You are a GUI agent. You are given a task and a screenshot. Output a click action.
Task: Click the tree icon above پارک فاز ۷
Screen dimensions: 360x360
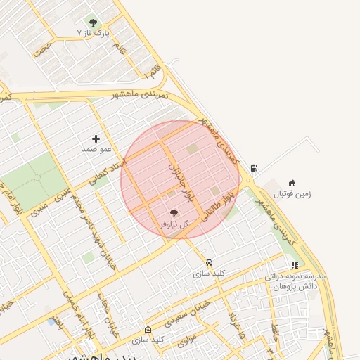pyautogui.click(x=93, y=22)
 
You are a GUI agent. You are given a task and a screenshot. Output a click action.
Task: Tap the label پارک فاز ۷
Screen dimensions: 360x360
pyautogui.click(x=94, y=33)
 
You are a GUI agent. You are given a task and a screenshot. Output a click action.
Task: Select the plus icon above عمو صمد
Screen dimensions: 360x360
pyautogui.click(x=96, y=139)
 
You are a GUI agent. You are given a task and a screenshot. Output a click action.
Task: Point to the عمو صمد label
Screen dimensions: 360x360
pyautogui.click(x=96, y=149)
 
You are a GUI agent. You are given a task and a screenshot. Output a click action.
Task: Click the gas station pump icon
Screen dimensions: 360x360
pyautogui.click(x=253, y=168)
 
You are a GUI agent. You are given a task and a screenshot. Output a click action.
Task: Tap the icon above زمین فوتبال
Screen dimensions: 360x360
pyautogui.click(x=292, y=183)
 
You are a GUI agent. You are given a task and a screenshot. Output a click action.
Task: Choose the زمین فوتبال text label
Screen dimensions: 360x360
pyautogui.click(x=292, y=193)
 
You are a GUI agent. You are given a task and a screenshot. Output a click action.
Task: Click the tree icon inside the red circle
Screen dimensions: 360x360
pyautogui.click(x=174, y=213)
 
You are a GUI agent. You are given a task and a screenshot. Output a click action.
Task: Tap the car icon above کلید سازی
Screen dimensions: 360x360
pyautogui.click(x=209, y=262)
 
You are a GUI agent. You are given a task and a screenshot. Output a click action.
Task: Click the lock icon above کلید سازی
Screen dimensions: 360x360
pyautogui.click(x=148, y=329)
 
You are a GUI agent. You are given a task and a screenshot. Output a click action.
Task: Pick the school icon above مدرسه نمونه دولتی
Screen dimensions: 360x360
pyautogui.click(x=295, y=266)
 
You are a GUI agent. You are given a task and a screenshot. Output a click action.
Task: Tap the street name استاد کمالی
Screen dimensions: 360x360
pyautogui.click(x=107, y=172)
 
